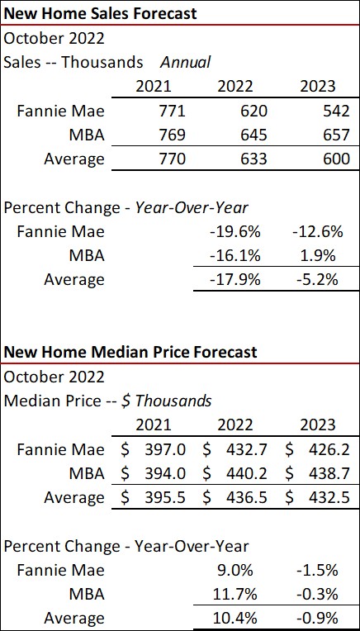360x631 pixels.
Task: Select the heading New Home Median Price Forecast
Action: (130, 352)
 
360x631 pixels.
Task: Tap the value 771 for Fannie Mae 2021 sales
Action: (154, 110)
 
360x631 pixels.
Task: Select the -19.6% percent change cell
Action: (235, 231)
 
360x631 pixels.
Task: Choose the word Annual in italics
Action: (185, 62)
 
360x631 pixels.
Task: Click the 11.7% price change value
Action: (239, 594)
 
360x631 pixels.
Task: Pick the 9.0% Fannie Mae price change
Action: (243, 570)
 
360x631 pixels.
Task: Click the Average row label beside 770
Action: (74, 158)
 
